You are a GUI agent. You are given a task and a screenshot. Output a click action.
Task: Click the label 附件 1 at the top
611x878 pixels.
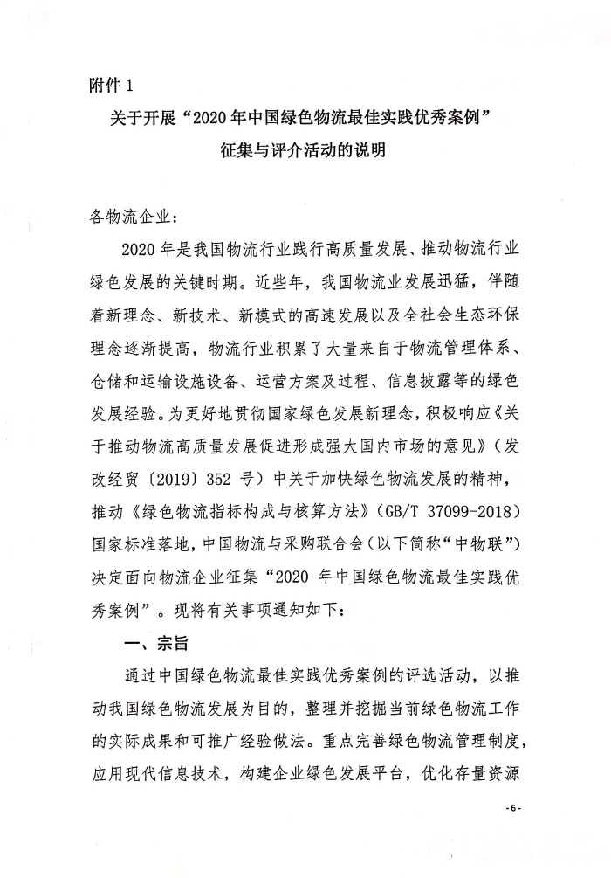tap(113, 85)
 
